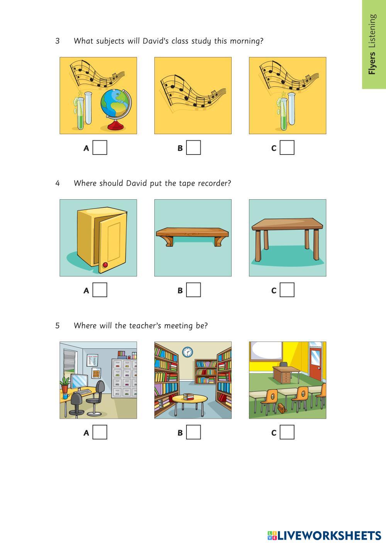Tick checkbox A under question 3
click(x=100, y=148)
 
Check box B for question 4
click(x=193, y=290)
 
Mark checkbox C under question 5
click(x=287, y=432)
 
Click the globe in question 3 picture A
click(x=116, y=109)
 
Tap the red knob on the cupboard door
click(x=105, y=265)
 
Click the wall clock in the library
click(x=188, y=352)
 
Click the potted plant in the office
click(x=65, y=384)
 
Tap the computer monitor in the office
click(x=79, y=382)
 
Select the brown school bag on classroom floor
click(x=282, y=408)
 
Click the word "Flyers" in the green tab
click(x=372, y=63)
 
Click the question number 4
click(x=58, y=183)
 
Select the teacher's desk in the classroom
click(x=286, y=373)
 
